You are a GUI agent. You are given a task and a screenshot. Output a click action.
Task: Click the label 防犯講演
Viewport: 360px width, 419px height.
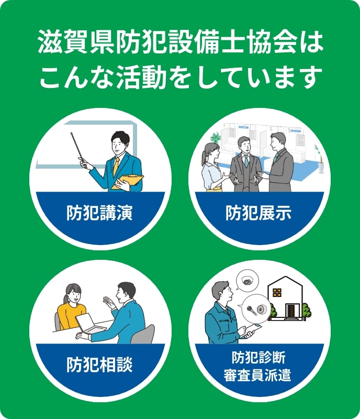coord(99,213)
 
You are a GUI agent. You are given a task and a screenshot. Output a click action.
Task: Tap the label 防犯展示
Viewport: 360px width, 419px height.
coord(258,213)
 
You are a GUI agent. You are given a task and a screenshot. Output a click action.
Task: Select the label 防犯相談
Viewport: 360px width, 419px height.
coord(99,365)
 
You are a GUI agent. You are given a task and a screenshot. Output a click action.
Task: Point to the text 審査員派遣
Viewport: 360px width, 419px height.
coord(257,374)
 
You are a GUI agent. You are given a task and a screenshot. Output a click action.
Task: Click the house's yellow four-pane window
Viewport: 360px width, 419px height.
coord(277,293)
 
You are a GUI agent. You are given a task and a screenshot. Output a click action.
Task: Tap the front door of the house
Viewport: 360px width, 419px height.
coord(290,310)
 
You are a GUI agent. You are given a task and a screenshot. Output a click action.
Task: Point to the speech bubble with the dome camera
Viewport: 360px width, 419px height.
coord(248,280)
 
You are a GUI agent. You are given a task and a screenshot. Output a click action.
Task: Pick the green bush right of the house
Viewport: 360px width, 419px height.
coord(307,310)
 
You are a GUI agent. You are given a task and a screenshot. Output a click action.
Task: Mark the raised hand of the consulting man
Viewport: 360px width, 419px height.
coord(109,302)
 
